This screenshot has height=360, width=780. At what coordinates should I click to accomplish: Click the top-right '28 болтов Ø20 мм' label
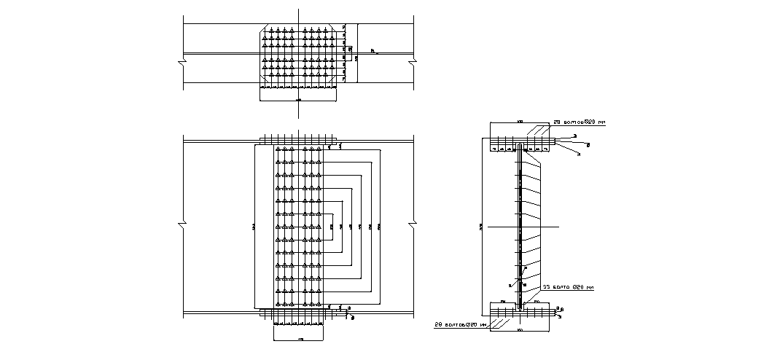(x=580, y=122)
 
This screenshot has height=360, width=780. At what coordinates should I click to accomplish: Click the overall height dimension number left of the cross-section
(x=481, y=229)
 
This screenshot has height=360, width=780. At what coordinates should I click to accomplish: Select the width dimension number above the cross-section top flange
(x=519, y=121)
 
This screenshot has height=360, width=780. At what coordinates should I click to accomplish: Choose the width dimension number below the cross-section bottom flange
(x=519, y=330)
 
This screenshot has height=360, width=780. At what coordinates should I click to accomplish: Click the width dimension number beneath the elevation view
(x=301, y=340)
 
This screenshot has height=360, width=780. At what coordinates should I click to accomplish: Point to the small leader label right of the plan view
(x=373, y=50)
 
